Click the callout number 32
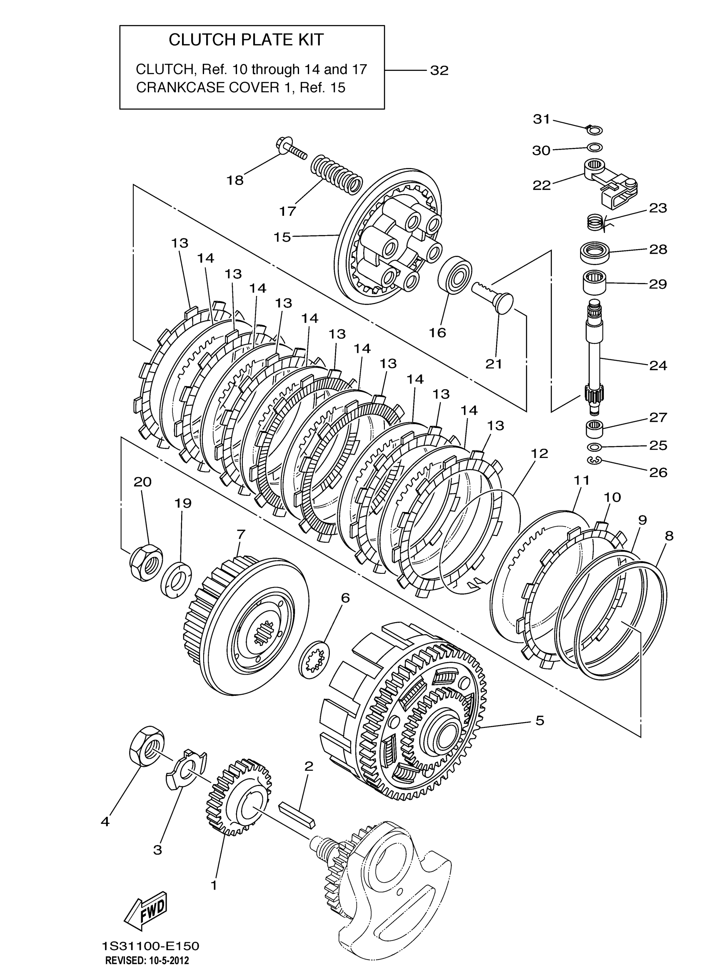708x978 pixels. pyautogui.click(x=439, y=70)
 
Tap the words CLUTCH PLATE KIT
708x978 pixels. pyautogui.click(x=246, y=40)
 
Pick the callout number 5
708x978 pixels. pyautogui.click(x=539, y=720)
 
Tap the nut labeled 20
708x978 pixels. pyautogui.click(x=146, y=561)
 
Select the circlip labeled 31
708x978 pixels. pyautogui.click(x=595, y=129)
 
